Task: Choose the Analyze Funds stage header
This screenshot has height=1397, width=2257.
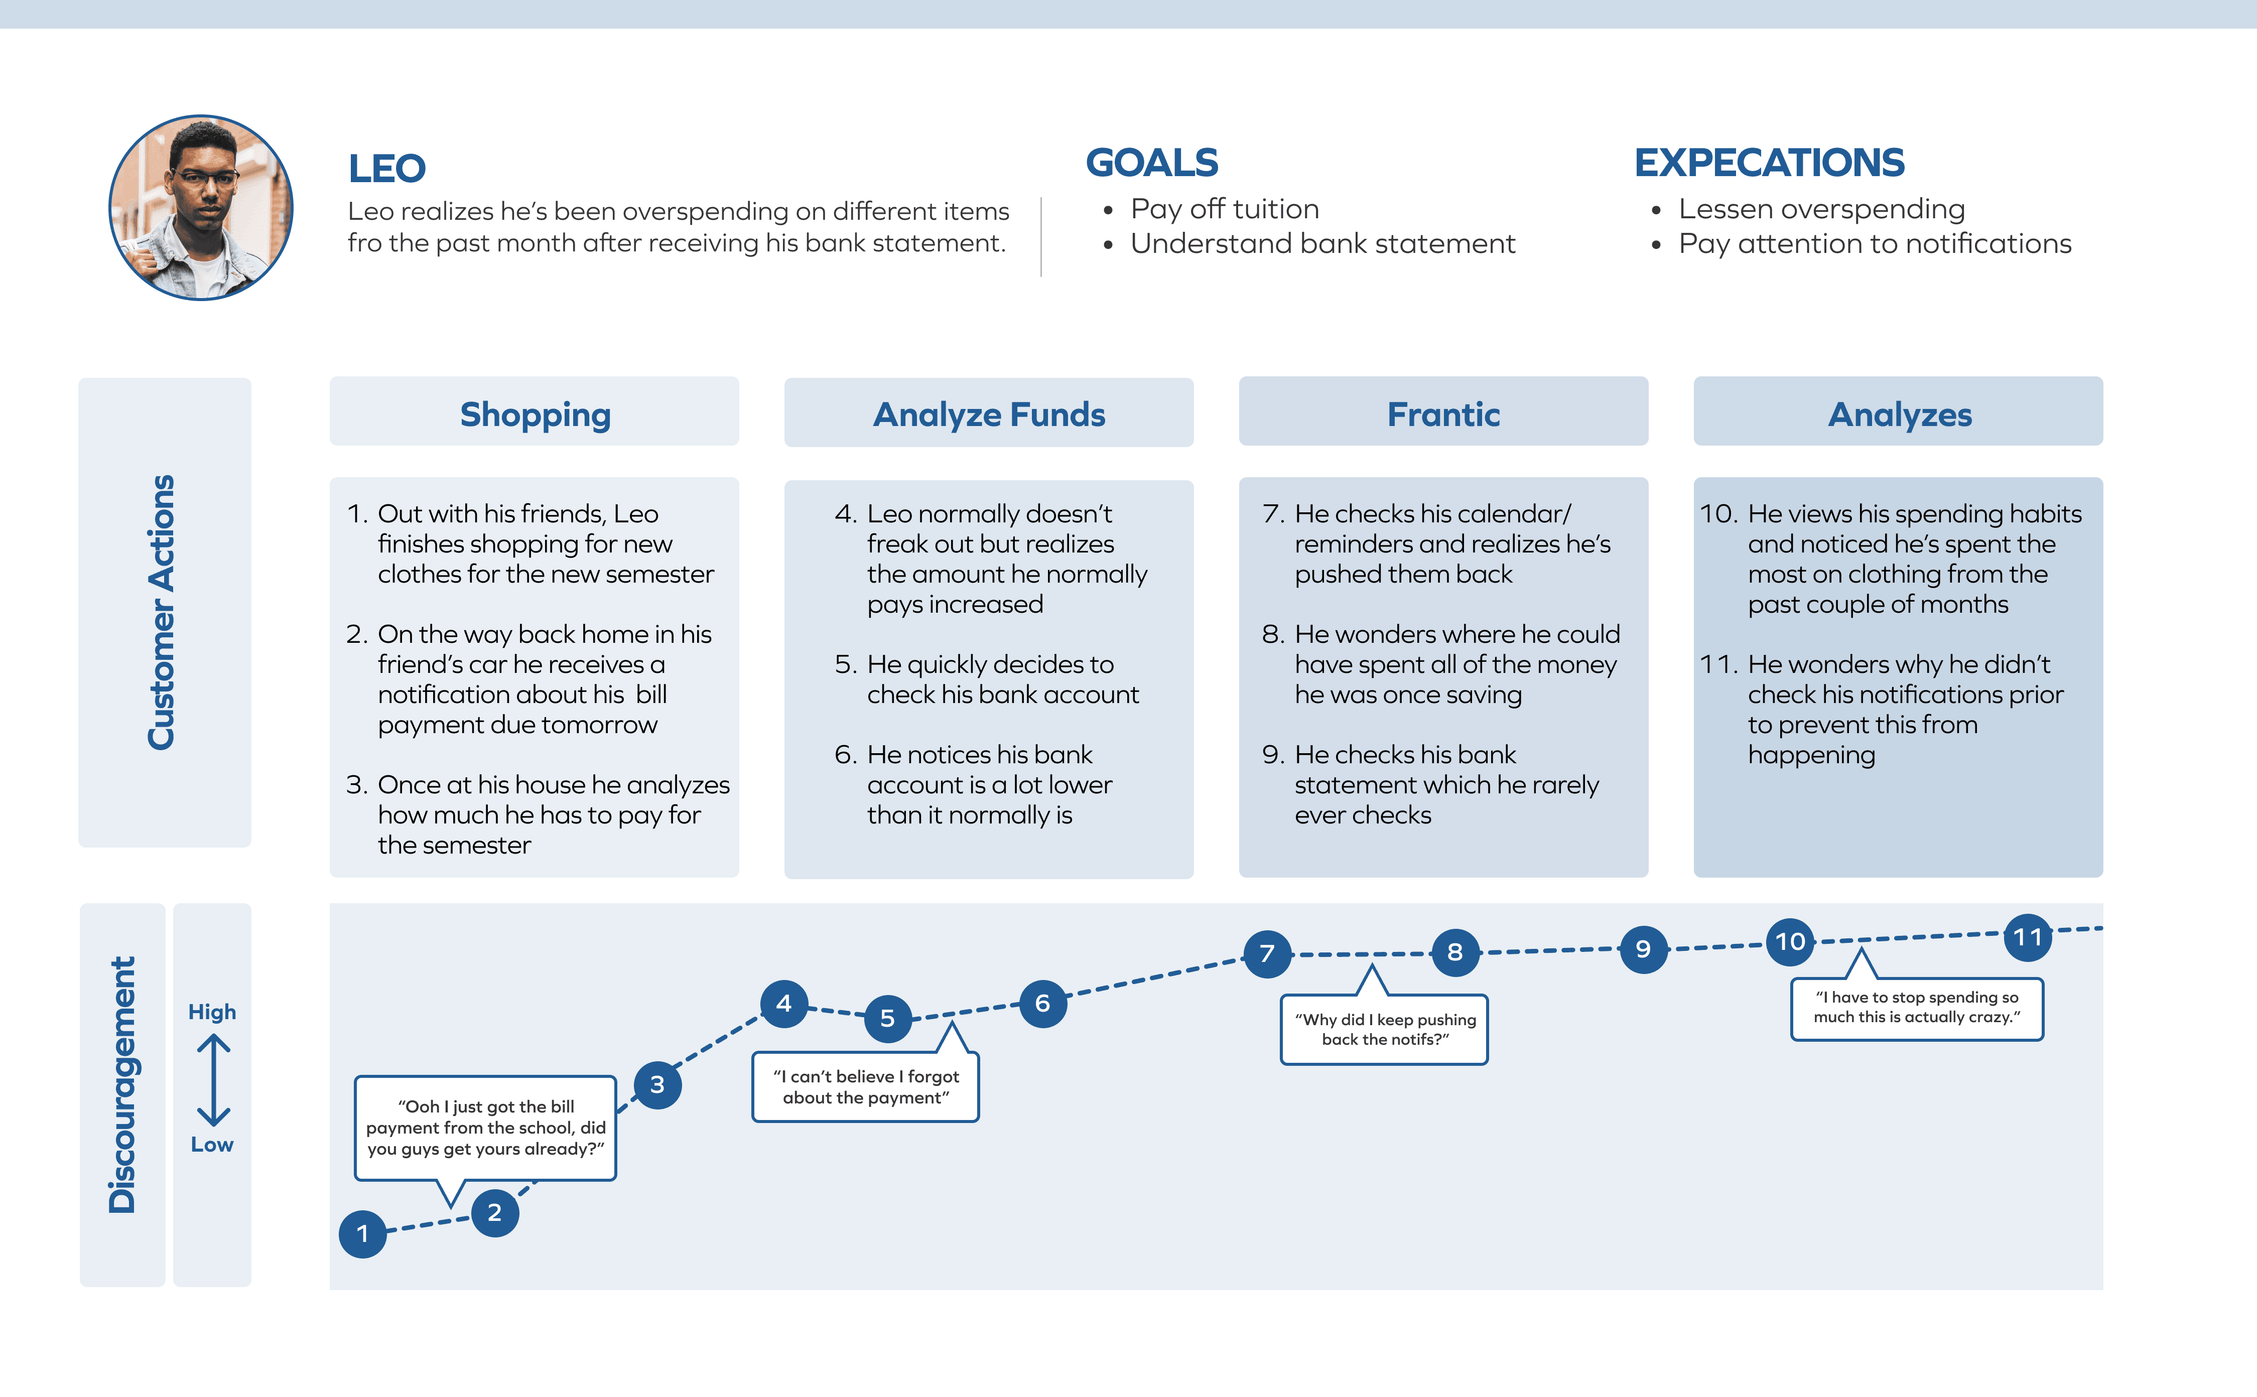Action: click(989, 414)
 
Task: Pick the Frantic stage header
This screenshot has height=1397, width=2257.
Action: click(1443, 414)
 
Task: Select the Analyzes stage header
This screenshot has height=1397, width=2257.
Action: click(1899, 414)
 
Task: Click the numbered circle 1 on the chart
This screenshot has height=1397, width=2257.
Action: click(362, 1233)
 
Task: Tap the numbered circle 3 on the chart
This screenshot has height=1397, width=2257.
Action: click(657, 1085)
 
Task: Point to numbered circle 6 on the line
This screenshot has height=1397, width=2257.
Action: click(1042, 1004)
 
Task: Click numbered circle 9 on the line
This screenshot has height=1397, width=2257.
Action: click(1643, 949)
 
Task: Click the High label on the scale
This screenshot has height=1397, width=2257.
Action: click(212, 1012)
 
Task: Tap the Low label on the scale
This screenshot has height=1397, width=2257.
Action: click(212, 1145)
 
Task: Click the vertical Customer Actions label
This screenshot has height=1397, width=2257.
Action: click(162, 612)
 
